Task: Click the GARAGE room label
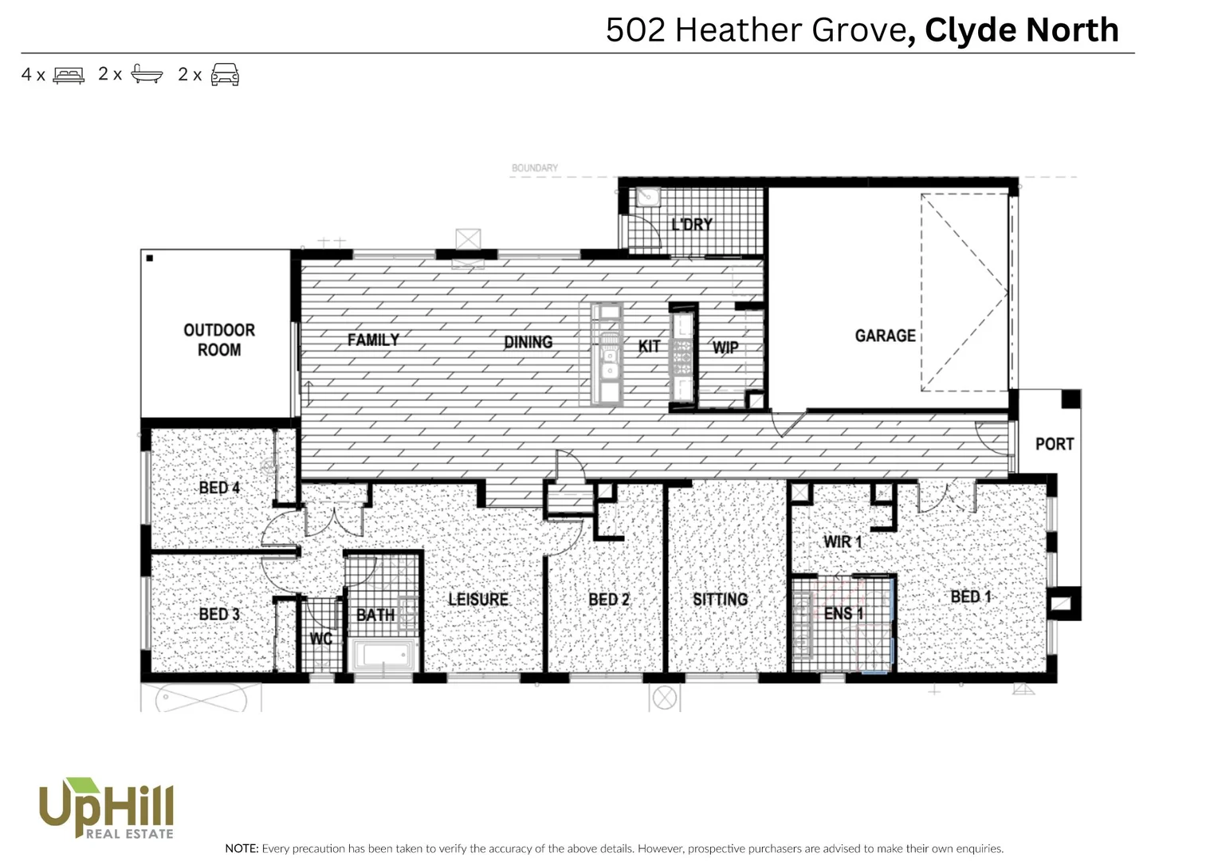885,336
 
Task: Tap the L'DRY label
692,224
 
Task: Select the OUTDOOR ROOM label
219,340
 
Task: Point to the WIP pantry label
725,347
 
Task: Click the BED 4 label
219,487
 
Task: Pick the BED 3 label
219,614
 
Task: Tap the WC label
320,639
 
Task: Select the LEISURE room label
477,599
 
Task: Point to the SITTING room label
720,599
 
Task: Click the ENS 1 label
843,612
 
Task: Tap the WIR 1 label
843,541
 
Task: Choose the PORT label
1054,443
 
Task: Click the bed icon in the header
69,75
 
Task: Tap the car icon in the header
225,75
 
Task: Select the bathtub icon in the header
147,74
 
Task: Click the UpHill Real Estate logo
106,808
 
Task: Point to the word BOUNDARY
535,167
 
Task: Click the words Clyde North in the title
1021,30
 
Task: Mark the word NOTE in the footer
242,848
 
